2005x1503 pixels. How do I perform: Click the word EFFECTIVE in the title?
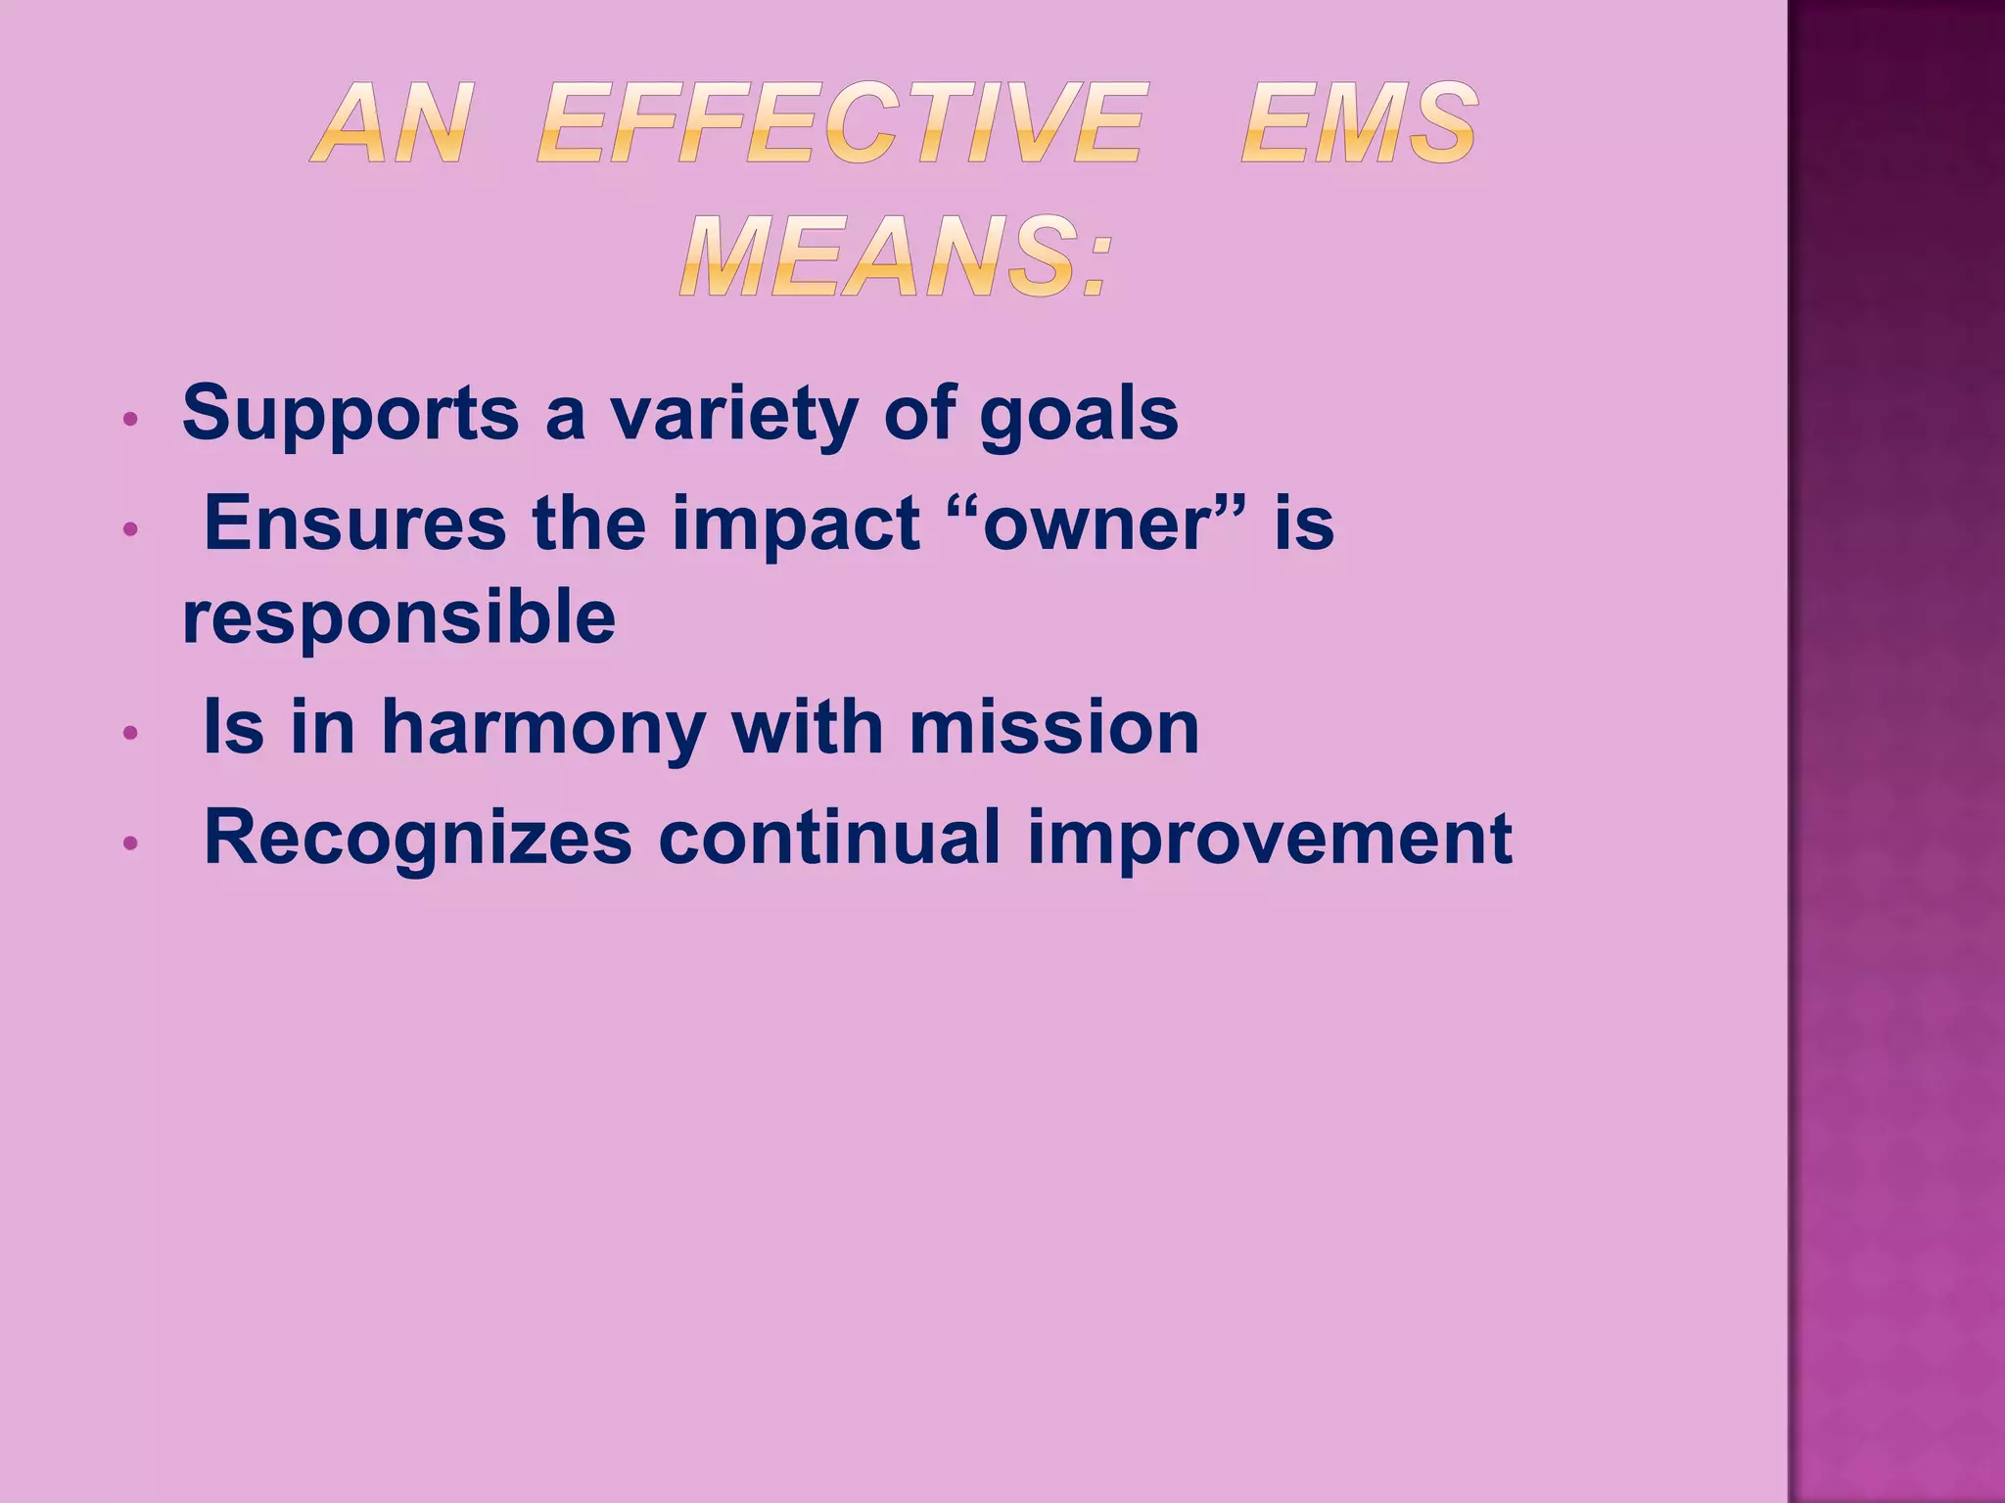click(840, 124)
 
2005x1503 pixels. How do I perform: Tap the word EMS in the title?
click(1359, 124)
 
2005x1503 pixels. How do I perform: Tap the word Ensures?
click(354, 524)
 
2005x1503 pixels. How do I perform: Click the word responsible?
click(398, 618)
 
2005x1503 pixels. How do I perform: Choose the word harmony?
click(543, 729)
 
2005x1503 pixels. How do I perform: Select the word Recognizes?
click(418, 840)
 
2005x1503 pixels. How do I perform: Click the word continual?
click(830, 838)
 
